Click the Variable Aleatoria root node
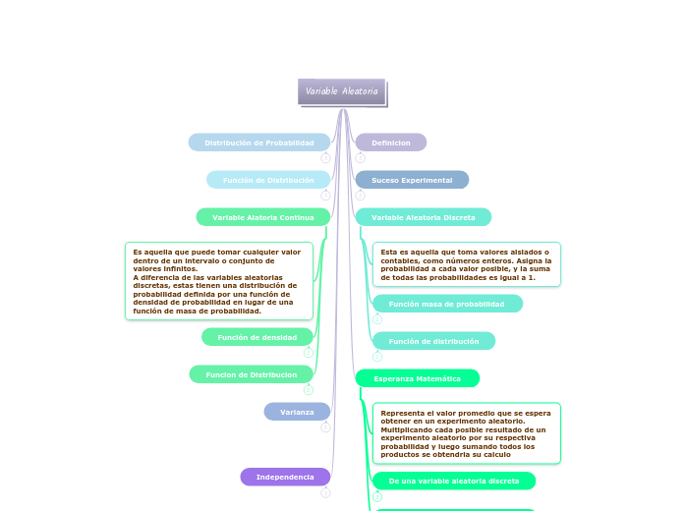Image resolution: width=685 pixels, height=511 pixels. [341, 91]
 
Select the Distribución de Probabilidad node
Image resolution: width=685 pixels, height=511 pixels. [259, 142]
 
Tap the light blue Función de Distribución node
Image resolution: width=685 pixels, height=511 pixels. [268, 180]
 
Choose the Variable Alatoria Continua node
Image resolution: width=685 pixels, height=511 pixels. [263, 217]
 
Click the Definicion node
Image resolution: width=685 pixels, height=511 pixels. [391, 142]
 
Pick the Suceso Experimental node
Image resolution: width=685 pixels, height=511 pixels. [412, 180]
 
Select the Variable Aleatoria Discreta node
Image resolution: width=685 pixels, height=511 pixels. [423, 217]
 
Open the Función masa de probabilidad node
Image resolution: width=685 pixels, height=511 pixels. [447, 304]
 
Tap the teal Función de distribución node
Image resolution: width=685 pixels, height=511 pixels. [433, 341]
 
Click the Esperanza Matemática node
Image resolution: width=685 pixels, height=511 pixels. [417, 378]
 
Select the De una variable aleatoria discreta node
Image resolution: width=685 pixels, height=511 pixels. [454, 481]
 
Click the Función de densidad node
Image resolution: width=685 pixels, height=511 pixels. [257, 337]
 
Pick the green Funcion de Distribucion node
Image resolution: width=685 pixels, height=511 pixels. [252, 374]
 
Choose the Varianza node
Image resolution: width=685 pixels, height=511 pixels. [297, 412]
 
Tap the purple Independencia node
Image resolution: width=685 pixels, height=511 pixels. [285, 477]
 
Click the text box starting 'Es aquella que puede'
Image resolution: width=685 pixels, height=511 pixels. [219, 281]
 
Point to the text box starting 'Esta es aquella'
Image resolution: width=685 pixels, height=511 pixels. [467, 264]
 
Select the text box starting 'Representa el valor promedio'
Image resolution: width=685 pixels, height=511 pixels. [467, 433]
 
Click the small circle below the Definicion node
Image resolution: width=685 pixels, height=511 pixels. [360, 158]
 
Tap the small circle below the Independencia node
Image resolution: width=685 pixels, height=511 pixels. [325, 492]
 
